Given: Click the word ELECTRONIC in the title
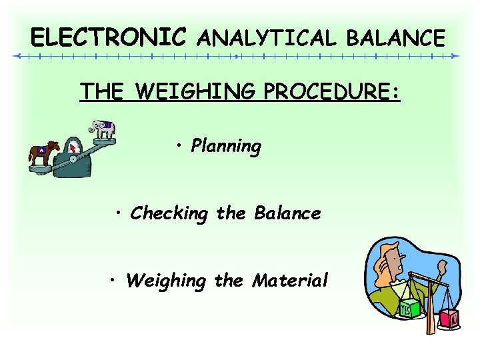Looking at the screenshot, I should [109, 37].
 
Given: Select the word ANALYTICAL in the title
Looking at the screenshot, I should [267, 38].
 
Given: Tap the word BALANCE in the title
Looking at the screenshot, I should [395, 38].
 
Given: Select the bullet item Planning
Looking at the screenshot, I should [225, 146].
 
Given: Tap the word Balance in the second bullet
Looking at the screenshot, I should [287, 213].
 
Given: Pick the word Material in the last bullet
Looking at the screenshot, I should [290, 281].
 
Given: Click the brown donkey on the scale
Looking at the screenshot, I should [43, 154].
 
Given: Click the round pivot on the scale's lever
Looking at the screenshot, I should [73, 159].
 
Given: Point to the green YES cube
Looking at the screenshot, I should [407, 309].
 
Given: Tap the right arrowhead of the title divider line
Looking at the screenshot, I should [455, 57].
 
